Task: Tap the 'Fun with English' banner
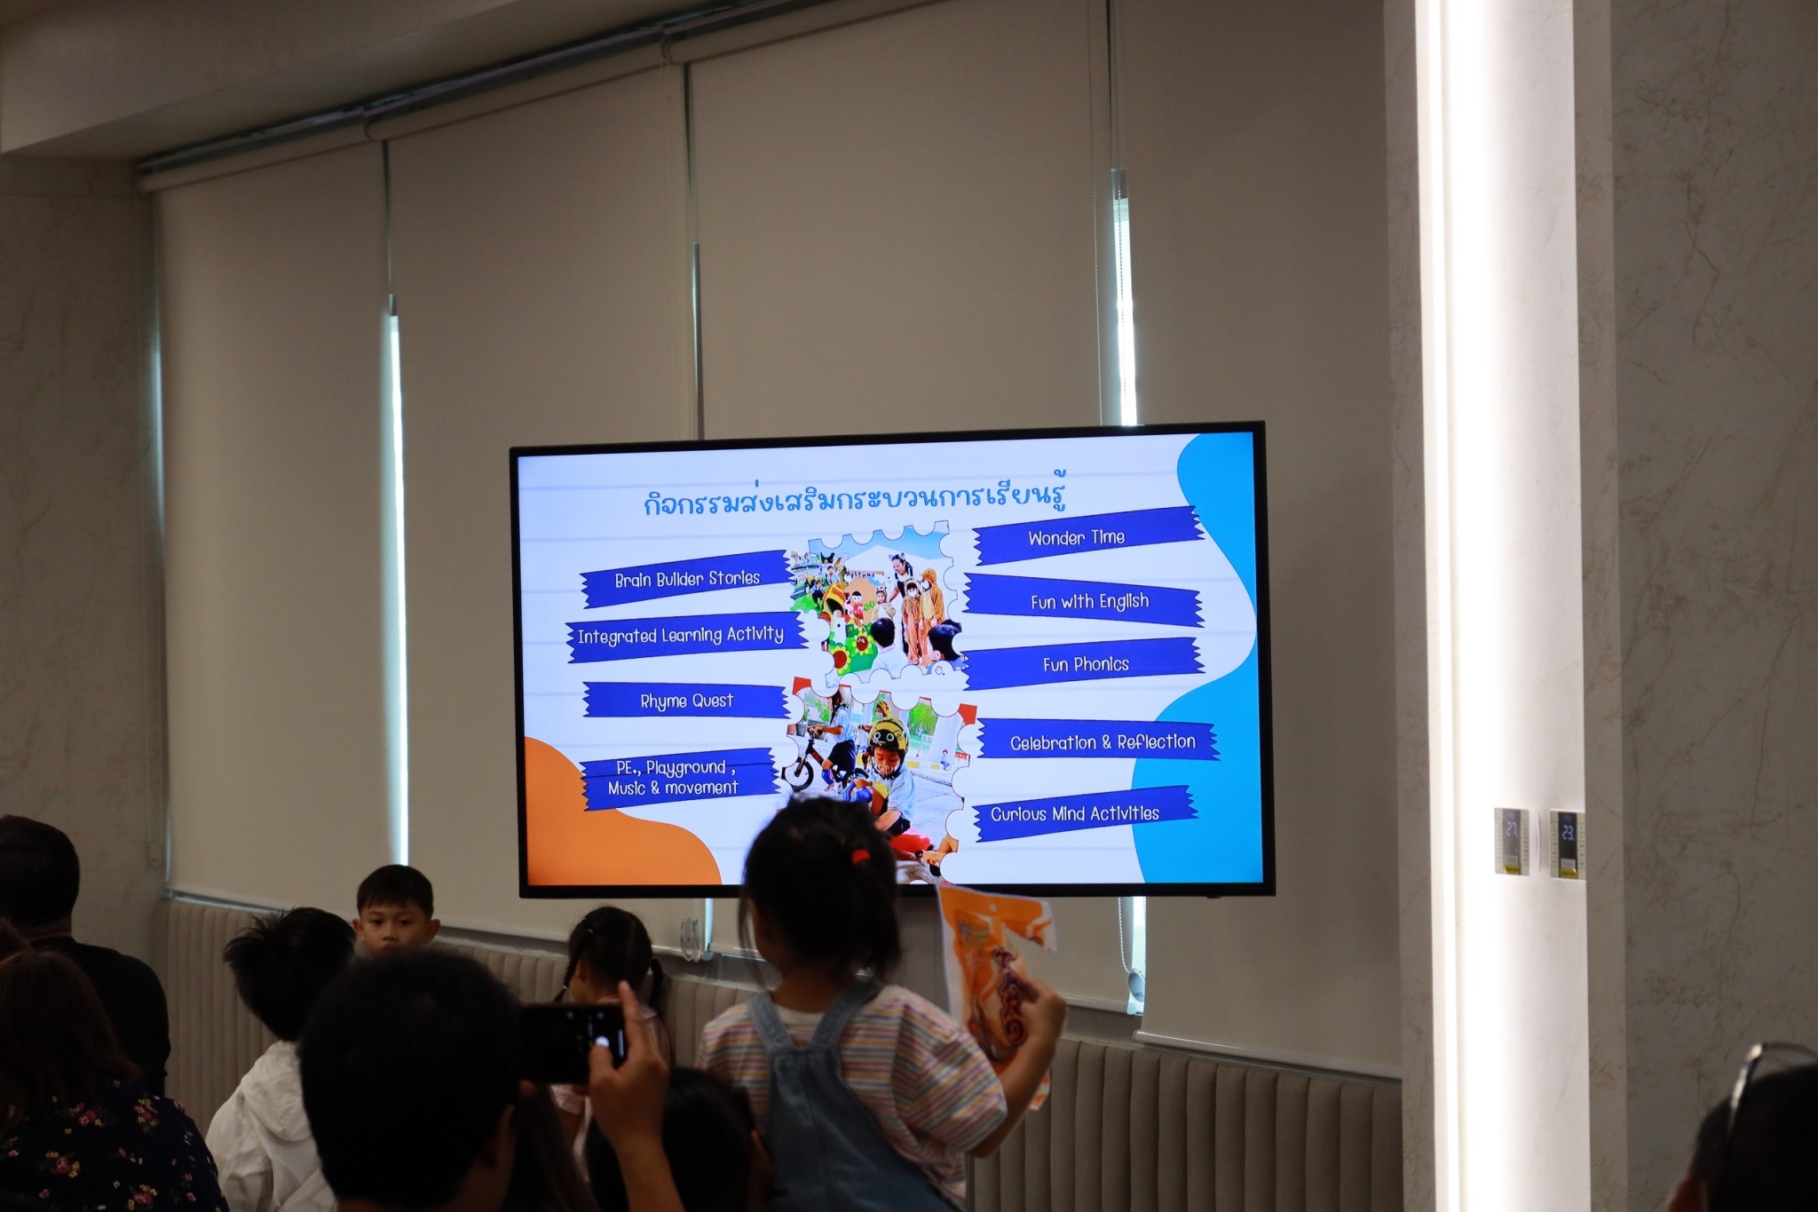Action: point(1084,600)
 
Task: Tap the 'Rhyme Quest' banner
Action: point(686,701)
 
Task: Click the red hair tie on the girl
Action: point(858,857)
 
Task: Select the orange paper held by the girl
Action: point(994,977)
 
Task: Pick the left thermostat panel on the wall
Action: point(1512,840)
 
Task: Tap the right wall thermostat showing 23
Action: point(1568,844)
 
